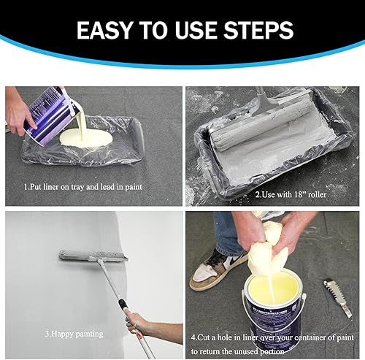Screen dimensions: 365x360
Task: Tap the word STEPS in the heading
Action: [x=258, y=30]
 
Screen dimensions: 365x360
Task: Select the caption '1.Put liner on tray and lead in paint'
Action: [x=82, y=187]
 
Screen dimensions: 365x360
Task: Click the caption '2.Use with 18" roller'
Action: [x=291, y=194]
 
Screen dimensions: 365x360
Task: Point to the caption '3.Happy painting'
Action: [x=74, y=334]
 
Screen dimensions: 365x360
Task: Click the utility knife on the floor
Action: [x=338, y=297]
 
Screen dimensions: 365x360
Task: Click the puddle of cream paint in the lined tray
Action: [x=86, y=138]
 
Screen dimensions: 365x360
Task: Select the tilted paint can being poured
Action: [x=52, y=115]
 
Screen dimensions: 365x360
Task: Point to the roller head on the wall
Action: [x=93, y=256]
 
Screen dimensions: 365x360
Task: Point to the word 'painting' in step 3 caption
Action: [x=89, y=334]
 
